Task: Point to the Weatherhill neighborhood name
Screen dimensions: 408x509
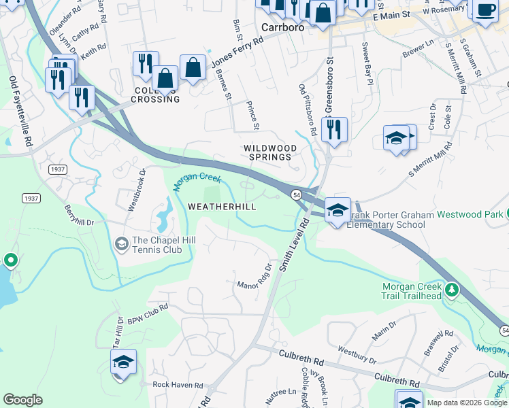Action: (221, 206)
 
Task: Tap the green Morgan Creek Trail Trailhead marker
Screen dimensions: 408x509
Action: (451, 292)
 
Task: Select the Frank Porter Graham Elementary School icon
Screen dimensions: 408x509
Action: (338, 209)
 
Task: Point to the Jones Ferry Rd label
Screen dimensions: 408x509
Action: (237, 51)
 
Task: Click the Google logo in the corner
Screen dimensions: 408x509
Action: (22, 400)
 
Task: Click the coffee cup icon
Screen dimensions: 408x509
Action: (485, 11)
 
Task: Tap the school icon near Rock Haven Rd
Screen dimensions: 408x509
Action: (123, 362)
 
